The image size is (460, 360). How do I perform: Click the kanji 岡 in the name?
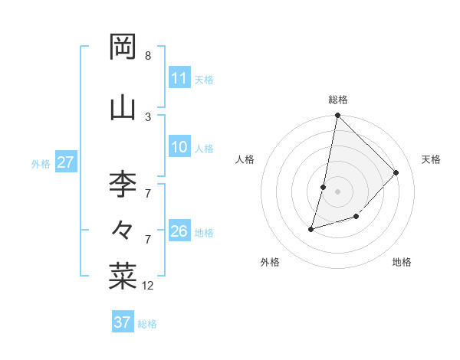(x=123, y=47)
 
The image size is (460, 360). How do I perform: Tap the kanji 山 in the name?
(x=123, y=108)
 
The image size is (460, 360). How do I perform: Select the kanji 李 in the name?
(x=123, y=184)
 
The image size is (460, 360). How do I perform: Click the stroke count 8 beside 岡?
(x=147, y=56)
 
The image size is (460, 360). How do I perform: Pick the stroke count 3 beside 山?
(x=147, y=116)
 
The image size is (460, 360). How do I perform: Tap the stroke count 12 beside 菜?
(x=148, y=286)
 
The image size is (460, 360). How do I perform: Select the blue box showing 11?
(x=179, y=78)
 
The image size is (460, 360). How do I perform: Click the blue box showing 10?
(x=179, y=148)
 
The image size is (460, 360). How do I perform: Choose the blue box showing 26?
(x=179, y=232)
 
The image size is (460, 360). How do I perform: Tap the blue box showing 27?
(x=65, y=162)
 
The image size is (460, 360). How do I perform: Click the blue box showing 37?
(x=122, y=322)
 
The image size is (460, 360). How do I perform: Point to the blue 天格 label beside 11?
(x=204, y=79)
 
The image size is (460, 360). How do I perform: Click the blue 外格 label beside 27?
(x=41, y=163)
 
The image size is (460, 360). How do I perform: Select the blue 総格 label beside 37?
(x=147, y=323)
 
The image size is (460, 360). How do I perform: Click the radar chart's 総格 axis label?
(x=338, y=100)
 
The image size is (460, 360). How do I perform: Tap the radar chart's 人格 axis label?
(x=245, y=159)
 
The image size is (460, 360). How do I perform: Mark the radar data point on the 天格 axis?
(x=396, y=172)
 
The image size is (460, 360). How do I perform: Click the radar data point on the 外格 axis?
(x=311, y=228)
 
